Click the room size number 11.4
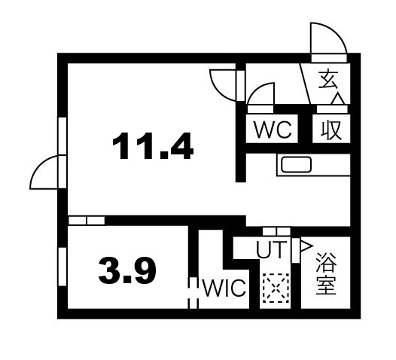pyautogui.click(x=154, y=145)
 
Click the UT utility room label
pyautogui.click(x=270, y=249)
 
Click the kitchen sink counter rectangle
pyautogui.click(x=295, y=164)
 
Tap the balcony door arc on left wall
pyautogui.click(x=45, y=174)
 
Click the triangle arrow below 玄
pyautogui.click(x=337, y=98)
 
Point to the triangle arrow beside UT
pyautogui.click(x=306, y=245)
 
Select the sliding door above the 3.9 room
pyautogui.click(x=86, y=221)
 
